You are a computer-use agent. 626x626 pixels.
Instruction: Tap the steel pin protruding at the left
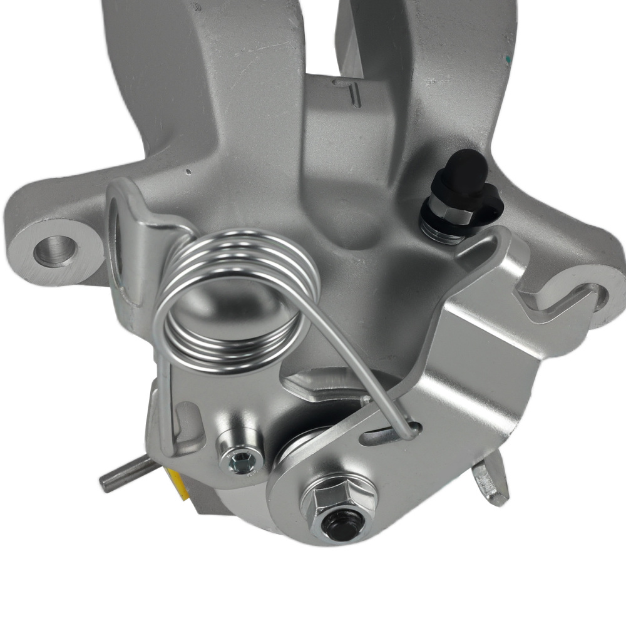(x=122, y=474)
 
